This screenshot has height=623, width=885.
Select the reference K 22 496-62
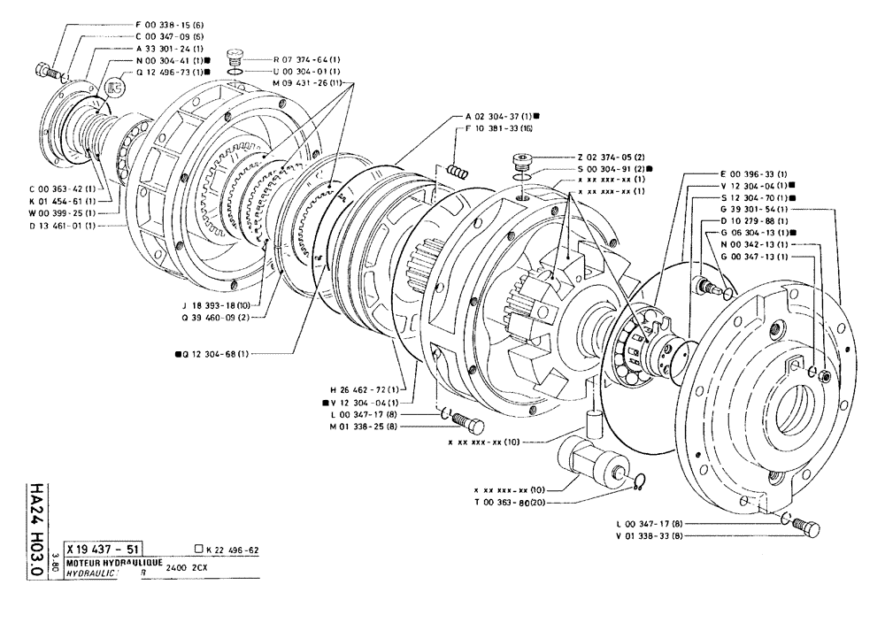click(228, 549)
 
